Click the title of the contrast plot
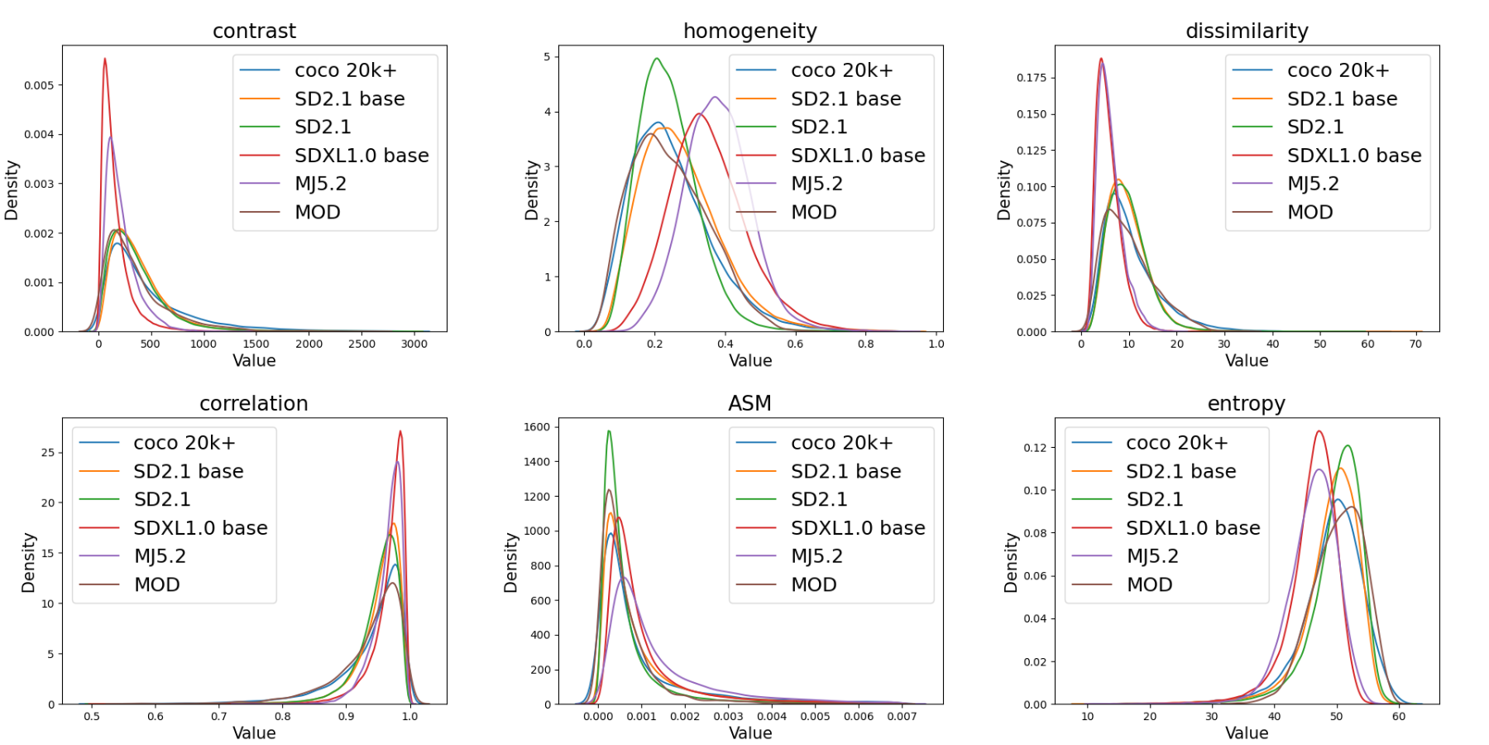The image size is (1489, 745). [254, 31]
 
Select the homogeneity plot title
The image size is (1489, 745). [749, 31]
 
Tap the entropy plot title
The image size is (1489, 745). [1246, 403]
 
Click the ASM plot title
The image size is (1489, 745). [749, 403]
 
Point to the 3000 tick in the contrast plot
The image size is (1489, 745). [414, 344]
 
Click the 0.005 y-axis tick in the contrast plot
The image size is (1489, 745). [39, 85]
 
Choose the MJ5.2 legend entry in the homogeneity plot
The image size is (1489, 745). [816, 184]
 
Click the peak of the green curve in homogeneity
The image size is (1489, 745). [657, 59]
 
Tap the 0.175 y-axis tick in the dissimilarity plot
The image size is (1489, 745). [1032, 78]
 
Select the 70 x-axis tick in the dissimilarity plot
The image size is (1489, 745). [1415, 344]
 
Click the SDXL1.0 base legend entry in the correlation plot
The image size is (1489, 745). [200, 528]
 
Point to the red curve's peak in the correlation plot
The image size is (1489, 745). [400, 431]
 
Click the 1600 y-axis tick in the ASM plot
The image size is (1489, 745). [537, 427]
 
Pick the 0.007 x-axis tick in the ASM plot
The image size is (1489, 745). [902, 716]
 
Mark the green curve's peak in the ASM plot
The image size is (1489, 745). [609, 431]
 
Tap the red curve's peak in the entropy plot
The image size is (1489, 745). [1319, 431]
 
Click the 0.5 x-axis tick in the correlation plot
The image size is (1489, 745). [92, 716]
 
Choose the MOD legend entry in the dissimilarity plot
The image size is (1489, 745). [1310, 212]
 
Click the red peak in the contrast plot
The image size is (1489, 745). [105, 59]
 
